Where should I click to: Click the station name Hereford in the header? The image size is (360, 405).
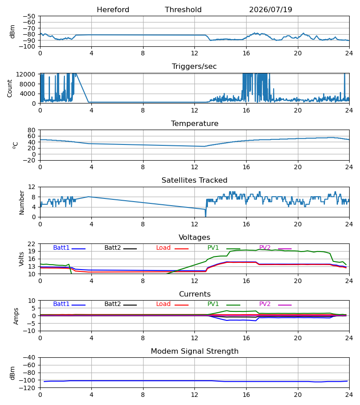point(113,10)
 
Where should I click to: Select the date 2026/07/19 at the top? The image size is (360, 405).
point(270,10)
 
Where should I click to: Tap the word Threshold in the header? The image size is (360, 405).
point(183,10)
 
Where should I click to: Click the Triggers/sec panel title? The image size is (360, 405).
point(194,67)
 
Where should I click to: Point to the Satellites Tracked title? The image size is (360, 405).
point(194,180)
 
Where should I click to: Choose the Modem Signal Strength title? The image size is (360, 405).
point(194,351)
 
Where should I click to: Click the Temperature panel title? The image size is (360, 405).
point(194,123)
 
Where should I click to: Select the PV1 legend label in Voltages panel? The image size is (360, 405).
point(213,247)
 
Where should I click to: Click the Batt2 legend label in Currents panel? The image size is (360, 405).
point(112,304)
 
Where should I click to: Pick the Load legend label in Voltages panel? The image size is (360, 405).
point(163,247)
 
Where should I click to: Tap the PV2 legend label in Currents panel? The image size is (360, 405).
point(265,304)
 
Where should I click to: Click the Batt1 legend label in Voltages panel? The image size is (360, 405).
point(61,247)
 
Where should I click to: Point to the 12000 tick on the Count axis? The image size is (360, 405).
point(26,74)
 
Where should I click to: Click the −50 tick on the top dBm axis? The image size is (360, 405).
point(29,16)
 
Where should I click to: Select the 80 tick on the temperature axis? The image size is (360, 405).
point(31,130)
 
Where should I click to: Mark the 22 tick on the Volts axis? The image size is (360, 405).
point(31,244)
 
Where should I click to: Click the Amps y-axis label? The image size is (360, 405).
point(16,316)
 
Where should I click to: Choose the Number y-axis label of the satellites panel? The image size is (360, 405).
point(22,202)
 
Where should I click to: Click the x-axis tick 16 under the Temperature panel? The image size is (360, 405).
point(246,167)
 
